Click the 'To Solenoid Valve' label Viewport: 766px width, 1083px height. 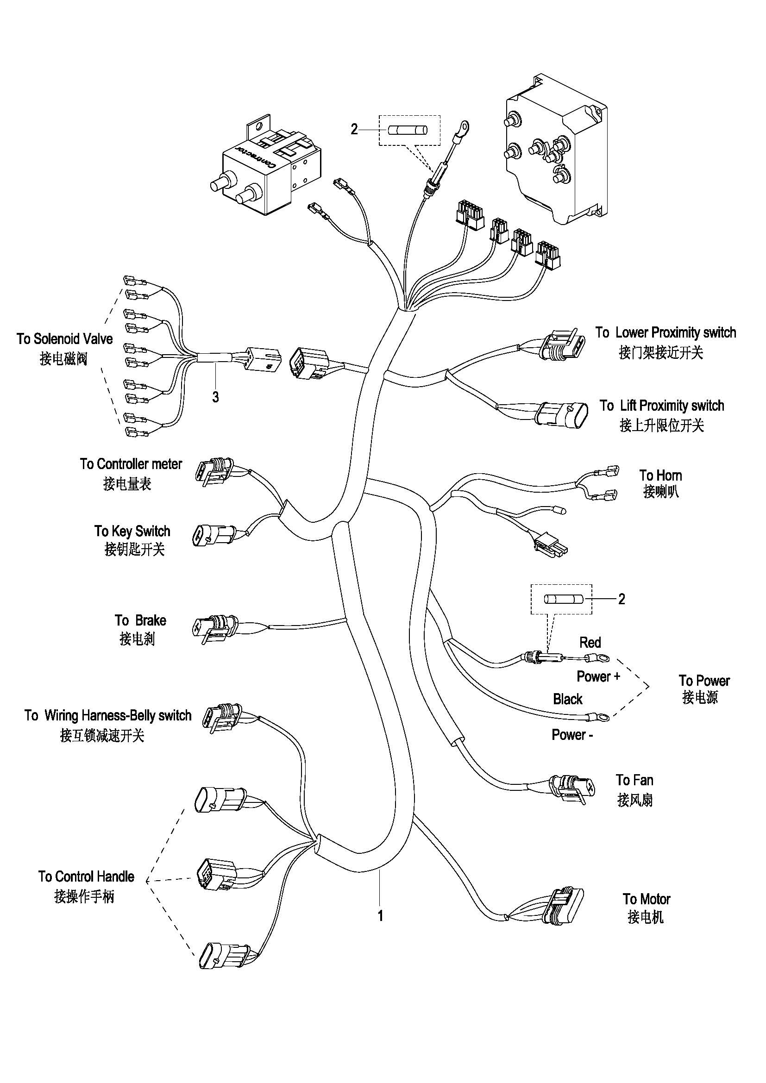65,338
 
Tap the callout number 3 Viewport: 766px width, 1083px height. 215,397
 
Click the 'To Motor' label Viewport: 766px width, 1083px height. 646,899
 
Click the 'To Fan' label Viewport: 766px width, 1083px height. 634,780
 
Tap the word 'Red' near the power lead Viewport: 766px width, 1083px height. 590,643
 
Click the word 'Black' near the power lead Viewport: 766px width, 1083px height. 567,699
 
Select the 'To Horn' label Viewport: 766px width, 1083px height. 660,475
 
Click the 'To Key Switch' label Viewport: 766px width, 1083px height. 132,531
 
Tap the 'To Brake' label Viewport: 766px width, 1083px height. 141,620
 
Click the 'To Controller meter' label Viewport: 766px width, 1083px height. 131,464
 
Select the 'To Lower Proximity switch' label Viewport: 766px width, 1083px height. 665,332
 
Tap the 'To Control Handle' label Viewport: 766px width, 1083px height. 86,876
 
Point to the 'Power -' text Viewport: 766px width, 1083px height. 572,734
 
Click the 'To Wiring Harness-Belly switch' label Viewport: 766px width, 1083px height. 108,715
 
